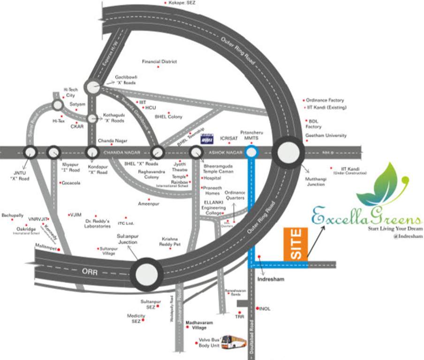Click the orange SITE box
[295, 244]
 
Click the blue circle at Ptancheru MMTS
[251, 152]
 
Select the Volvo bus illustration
[236, 341]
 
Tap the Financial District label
[159, 61]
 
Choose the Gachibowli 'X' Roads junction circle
[92, 87]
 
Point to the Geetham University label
[326, 135]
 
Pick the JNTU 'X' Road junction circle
[30, 152]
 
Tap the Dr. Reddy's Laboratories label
[97, 223]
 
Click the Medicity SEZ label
[136, 318]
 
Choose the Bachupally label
[13, 216]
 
